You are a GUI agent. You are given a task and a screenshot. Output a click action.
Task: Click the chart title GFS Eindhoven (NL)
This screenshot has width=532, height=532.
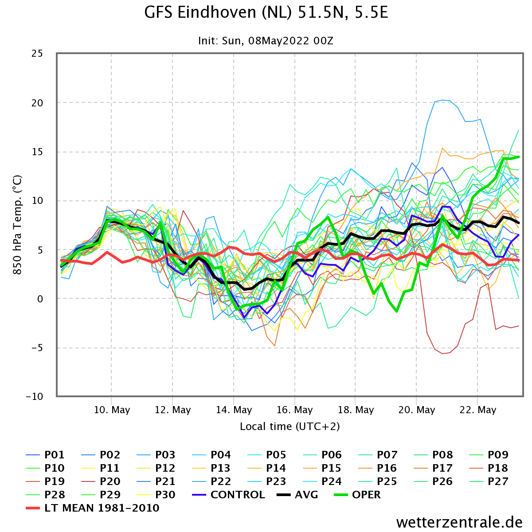point(218,13)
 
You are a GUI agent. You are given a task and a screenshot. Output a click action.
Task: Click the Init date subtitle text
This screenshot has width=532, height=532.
point(266,41)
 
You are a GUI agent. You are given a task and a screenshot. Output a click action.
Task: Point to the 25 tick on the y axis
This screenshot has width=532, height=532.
point(37,53)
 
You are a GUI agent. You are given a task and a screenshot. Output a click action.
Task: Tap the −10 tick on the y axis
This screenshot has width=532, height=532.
point(35,397)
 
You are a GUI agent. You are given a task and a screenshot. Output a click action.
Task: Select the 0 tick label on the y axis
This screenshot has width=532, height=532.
point(40,299)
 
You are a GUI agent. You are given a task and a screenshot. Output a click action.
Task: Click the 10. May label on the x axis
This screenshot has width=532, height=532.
point(112,410)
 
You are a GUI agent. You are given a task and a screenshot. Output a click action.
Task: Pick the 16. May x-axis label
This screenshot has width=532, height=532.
point(294,410)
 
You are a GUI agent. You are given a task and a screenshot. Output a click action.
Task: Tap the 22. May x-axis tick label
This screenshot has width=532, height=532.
point(477,410)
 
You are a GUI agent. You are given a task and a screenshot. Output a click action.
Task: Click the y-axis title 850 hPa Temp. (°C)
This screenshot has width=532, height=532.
point(17,225)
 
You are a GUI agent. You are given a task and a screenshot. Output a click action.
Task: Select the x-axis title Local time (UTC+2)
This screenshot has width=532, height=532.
point(289,426)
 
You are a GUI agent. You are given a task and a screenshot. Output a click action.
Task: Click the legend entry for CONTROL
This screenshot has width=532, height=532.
point(229,494)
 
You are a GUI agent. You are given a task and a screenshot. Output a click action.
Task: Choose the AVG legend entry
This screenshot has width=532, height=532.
point(297,494)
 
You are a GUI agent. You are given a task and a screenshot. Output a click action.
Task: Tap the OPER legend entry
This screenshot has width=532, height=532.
point(357,494)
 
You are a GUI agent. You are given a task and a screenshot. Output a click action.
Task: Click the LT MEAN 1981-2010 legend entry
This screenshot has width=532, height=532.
point(93,508)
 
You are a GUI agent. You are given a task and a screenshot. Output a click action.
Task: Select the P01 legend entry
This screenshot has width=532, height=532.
point(45,455)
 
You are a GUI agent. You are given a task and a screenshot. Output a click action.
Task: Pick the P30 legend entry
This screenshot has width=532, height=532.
point(156,494)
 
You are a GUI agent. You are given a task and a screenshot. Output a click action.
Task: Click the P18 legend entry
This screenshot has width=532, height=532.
point(489,468)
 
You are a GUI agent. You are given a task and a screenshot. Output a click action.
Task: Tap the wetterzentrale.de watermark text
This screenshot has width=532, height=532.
point(459,522)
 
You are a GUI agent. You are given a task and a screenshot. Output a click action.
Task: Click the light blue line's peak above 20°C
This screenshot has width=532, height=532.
point(442,100)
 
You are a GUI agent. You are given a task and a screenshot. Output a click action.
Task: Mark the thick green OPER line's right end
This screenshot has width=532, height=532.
point(519,157)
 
